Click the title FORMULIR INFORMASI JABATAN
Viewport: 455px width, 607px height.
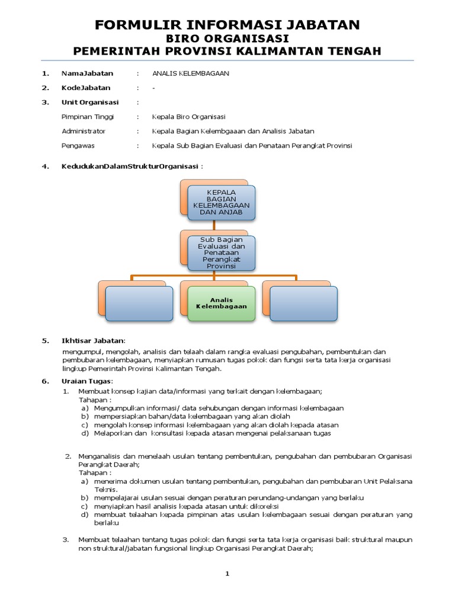coord(227,24)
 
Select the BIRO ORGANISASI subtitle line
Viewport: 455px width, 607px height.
coord(227,38)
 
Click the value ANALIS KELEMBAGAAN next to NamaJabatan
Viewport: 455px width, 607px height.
coord(190,73)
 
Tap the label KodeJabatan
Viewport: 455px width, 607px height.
coord(86,88)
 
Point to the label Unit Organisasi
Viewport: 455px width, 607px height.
coord(90,102)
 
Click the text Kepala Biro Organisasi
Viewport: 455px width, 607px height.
coord(188,117)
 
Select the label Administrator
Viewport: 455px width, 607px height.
coord(84,131)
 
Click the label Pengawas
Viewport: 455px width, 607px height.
coord(78,145)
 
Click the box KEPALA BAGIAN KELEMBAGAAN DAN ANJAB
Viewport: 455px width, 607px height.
coord(222,203)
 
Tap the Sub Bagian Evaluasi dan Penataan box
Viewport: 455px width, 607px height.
coord(222,252)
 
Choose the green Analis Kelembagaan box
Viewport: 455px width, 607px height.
coord(222,303)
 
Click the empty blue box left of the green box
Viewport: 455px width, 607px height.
coord(140,303)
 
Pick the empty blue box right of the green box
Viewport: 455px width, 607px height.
coord(303,303)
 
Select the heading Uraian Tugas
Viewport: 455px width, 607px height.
coord(86,381)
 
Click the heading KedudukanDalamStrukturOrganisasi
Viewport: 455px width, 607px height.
coord(130,166)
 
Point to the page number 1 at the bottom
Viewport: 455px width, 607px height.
coord(227,574)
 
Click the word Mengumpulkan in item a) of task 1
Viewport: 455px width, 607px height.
coord(118,408)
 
